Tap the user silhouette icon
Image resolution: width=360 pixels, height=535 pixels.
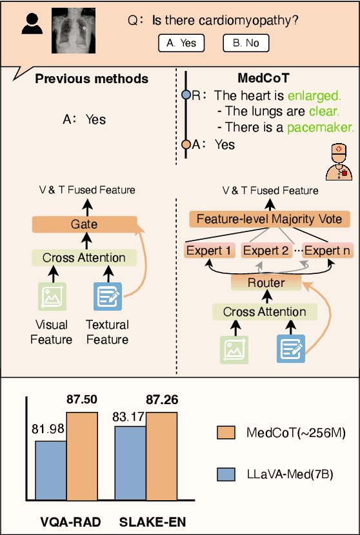32,24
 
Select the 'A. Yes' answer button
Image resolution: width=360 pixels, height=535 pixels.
181,43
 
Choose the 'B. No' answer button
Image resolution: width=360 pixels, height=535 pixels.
246,43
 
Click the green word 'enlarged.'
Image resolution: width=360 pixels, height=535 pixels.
314,96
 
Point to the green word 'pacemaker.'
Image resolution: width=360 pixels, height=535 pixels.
321,127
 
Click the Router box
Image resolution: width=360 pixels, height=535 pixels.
265,282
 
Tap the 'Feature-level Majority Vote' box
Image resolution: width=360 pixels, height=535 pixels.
269,219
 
